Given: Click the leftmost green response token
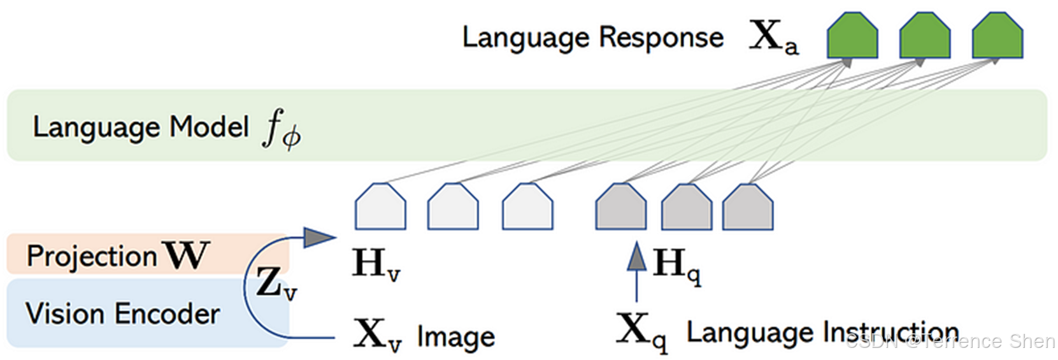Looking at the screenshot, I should (x=852, y=36).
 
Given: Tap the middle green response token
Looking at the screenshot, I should (x=924, y=36).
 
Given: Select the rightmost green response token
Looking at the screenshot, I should (x=997, y=36).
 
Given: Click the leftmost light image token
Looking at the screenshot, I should (x=380, y=207).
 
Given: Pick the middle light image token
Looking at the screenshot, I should (x=453, y=207).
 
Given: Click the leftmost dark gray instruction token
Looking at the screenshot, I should (x=620, y=207).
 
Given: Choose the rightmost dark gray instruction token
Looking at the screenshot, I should (x=747, y=207).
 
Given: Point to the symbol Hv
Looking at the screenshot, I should (x=376, y=264).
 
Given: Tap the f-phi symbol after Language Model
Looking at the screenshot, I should (x=281, y=129).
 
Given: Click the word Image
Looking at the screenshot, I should (x=456, y=336).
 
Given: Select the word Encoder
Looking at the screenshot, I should (x=168, y=314).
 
